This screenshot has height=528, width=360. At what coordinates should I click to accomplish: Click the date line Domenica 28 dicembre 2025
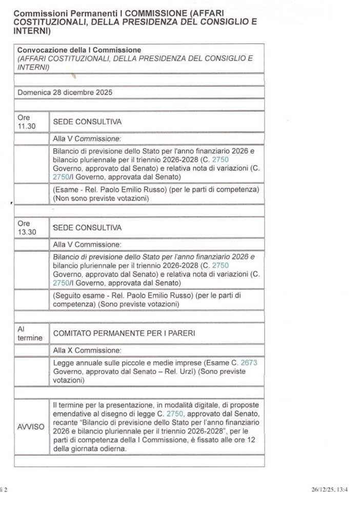[x=65, y=93]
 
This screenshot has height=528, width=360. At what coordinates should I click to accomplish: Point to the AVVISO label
[x=31, y=427]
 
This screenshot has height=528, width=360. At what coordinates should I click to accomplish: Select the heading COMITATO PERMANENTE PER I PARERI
[x=121, y=333]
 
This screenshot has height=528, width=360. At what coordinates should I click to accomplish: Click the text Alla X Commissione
[x=87, y=350]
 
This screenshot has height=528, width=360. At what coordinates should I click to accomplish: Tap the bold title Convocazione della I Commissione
[x=78, y=50]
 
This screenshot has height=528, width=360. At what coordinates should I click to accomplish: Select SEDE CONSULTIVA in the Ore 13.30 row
[x=87, y=227]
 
